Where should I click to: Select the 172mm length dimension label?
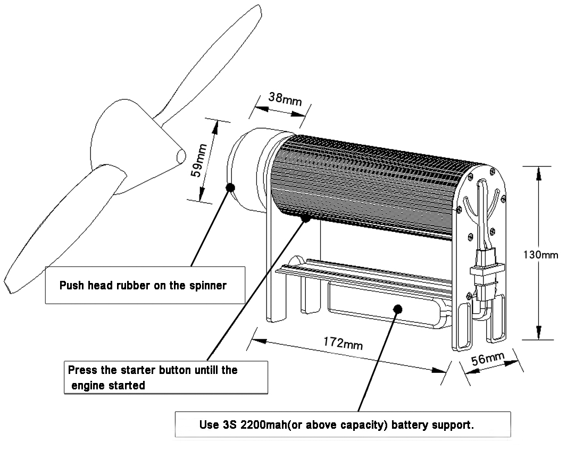pyautogui.click(x=343, y=343)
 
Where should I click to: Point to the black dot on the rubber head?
pyautogui.click(x=230, y=187)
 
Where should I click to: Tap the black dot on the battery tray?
pyautogui.click(x=397, y=309)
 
